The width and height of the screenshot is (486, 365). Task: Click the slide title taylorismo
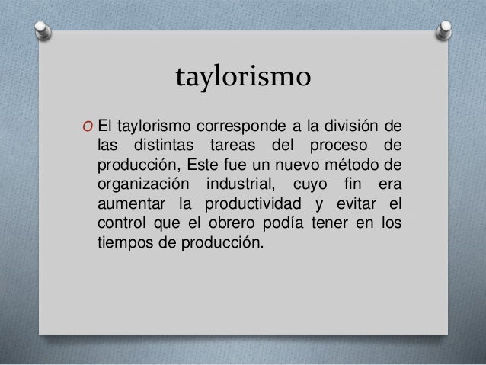(243, 78)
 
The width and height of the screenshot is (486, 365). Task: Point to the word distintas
(161, 145)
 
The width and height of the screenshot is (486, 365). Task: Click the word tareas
(232, 145)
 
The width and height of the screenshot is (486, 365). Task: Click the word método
(360, 165)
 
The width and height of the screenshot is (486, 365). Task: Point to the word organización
(145, 185)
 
